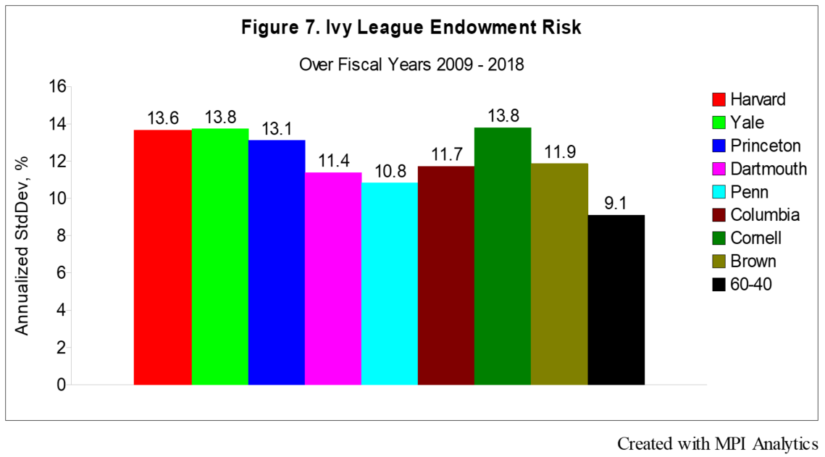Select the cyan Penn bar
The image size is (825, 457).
[x=390, y=283]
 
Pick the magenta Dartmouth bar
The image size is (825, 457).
[x=333, y=278]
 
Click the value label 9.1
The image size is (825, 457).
[x=616, y=204]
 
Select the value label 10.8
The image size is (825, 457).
[x=390, y=172]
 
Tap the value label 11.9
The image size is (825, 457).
[x=559, y=152]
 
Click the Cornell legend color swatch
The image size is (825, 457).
[x=719, y=238]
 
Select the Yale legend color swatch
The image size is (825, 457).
[x=719, y=122]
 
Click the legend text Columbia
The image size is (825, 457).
[x=765, y=215]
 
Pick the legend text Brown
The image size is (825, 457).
[x=753, y=261]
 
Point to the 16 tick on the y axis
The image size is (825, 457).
[x=56, y=87]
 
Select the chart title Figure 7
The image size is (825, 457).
[x=411, y=30]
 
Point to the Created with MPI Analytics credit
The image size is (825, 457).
[x=717, y=443]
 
